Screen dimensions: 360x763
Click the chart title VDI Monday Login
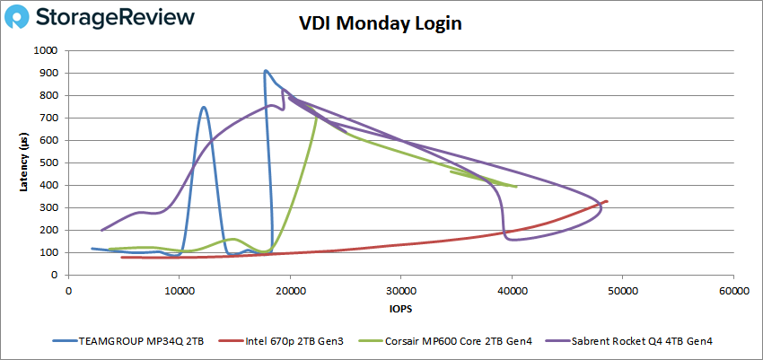[381, 24]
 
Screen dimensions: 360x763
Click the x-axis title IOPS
[401, 310]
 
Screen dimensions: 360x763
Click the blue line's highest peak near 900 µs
[265, 70]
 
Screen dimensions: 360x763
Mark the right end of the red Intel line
[608, 201]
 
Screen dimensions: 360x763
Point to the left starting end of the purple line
[101, 230]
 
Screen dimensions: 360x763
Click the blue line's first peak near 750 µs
[204, 107]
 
